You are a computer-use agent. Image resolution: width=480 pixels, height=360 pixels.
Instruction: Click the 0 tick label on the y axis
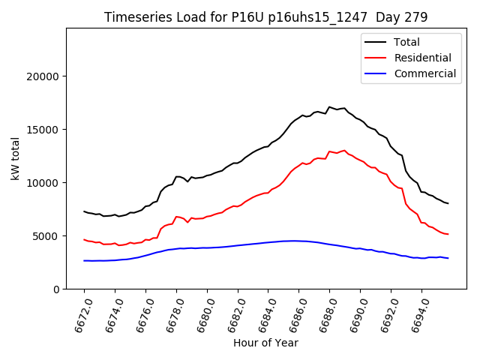click(x=57, y=289)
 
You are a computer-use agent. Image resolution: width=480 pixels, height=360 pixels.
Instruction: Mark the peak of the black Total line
click(x=329, y=107)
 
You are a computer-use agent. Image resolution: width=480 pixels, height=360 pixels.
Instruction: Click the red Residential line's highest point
click(x=344, y=151)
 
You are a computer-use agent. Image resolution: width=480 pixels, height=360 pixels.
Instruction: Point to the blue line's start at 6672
click(x=84, y=260)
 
